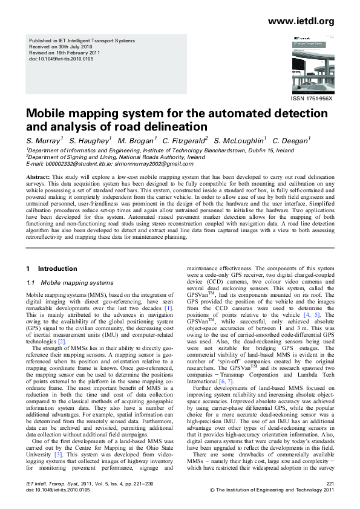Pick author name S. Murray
pos(42,140)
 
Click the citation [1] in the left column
pos(169,308)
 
